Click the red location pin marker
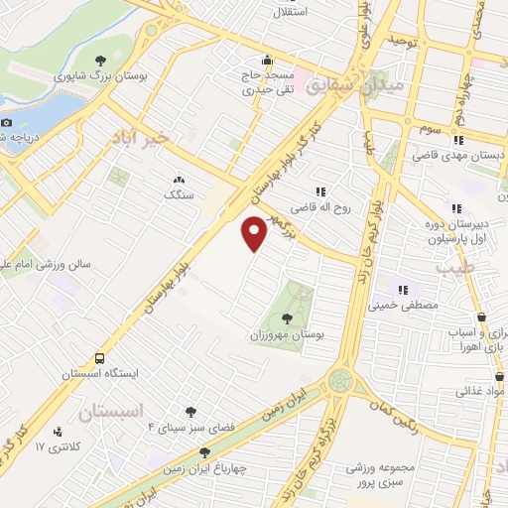(x=255, y=233)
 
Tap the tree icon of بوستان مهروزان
(x=287, y=318)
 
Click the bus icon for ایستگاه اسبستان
(x=99, y=358)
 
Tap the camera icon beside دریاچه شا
(x=6, y=122)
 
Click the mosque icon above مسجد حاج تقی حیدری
(x=267, y=60)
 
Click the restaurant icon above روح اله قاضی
(x=319, y=191)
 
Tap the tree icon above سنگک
(x=179, y=180)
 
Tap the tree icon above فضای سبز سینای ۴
(x=190, y=411)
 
